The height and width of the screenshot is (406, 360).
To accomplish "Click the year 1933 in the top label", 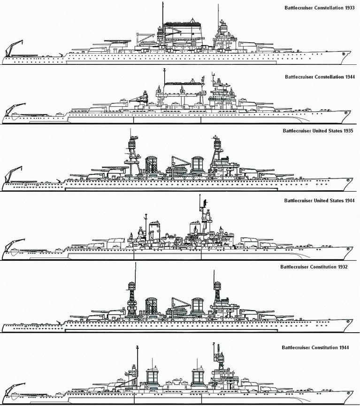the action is tap(349, 8).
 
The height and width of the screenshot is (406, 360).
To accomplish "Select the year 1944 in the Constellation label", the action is tap(350, 77).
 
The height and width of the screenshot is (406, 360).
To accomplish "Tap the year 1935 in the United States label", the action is tap(348, 131).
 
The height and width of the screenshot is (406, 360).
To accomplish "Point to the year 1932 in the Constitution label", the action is tap(343, 267).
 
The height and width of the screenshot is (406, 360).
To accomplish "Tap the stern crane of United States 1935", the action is tap(14, 174).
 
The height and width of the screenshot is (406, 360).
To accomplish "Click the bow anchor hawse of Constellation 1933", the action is tap(344, 54).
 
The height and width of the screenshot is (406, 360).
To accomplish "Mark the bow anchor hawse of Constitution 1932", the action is tap(348, 321).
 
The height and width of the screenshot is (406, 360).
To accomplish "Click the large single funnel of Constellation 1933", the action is tap(183, 34).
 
